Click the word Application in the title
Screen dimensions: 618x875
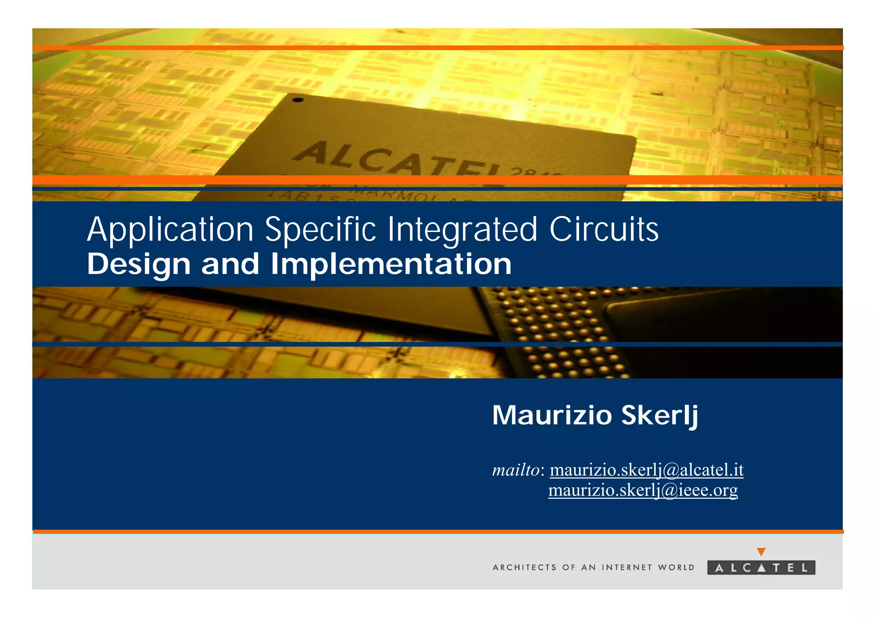tap(170, 231)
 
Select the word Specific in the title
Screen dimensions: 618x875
tap(320, 231)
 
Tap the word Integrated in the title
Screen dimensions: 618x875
tap(462, 231)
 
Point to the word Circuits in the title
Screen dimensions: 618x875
tap(604, 230)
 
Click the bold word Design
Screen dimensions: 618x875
tap(138, 265)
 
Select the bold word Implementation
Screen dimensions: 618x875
tap(391, 264)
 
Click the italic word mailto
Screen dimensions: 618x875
tap(516, 470)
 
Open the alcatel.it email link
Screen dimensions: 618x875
tap(646, 470)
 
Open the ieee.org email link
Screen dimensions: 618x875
tap(643, 490)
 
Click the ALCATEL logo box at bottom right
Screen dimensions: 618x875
tap(761, 568)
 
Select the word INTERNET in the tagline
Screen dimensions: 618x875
tap(627, 568)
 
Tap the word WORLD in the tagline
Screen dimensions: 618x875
tap(676, 568)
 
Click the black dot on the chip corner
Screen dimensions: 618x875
tap(298, 100)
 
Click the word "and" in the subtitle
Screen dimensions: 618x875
tap(230, 264)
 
